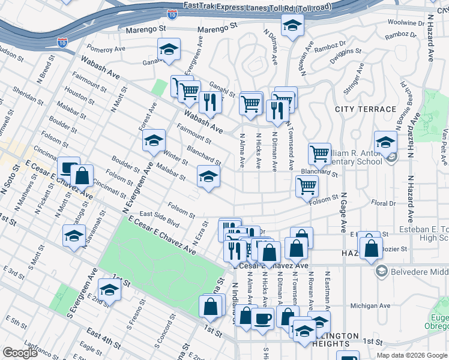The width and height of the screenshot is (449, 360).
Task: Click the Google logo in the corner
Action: click(20, 353)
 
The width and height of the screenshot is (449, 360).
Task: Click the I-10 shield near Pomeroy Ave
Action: click(62, 42)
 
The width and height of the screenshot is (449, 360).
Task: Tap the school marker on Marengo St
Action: click(292, 25)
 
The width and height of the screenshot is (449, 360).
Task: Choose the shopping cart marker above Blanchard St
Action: click(320, 153)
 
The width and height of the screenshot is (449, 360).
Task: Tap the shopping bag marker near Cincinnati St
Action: click(82, 176)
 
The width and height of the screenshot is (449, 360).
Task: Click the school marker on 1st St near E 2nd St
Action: click(110, 289)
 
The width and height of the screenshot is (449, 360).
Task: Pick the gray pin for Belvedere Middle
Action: click(381, 272)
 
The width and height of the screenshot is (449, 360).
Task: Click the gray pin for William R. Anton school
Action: click(393, 158)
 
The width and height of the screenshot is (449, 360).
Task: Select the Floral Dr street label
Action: click(384, 203)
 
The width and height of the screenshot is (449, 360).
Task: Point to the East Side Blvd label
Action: click(160, 218)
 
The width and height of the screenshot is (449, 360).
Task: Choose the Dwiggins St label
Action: click(346, 59)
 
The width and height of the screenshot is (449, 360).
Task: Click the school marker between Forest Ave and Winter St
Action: click(154, 140)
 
